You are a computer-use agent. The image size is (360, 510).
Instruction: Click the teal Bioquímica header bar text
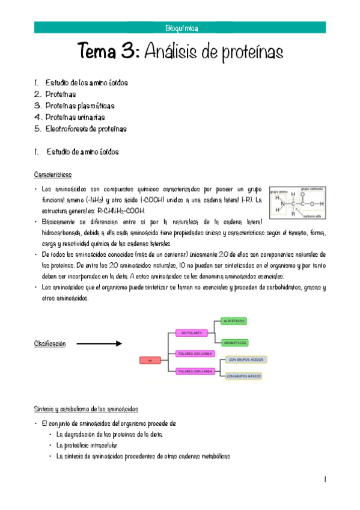[181, 28]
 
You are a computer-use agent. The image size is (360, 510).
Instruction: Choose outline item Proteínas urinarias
[75, 117]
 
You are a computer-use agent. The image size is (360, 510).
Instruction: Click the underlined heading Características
[53, 175]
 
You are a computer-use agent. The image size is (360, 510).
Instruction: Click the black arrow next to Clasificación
[99, 343]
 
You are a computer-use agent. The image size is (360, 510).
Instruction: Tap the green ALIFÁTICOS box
[233, 322]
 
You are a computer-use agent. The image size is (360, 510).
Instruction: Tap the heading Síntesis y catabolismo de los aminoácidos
[86, 409]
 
